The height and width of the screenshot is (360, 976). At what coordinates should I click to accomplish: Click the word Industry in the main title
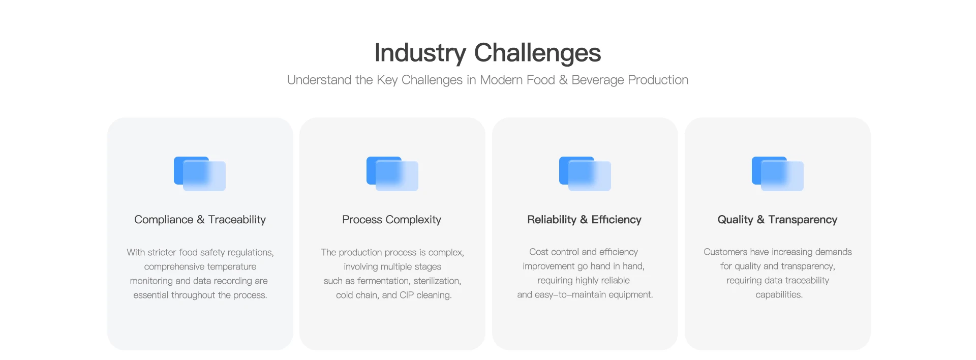click(420, 53)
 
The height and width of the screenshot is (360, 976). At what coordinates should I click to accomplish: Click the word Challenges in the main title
click(537, 53)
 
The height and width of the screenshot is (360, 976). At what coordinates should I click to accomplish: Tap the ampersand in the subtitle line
click(563, 80)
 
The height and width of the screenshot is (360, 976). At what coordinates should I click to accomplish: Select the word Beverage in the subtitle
click(598, 80)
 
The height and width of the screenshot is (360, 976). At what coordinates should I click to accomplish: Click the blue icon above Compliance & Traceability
click(200, 174)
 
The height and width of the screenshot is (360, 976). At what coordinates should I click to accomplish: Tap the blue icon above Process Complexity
click(392, 174)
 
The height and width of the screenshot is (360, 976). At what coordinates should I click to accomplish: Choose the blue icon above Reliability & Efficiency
click(585, 174)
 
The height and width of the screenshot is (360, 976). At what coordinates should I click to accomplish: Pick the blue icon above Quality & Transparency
click(778, 174)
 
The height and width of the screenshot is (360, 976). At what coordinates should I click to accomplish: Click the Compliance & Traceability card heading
click(200, 220)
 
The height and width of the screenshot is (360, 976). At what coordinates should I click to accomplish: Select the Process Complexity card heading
click(391, 220)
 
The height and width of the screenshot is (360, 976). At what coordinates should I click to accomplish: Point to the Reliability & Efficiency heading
click(584, 220)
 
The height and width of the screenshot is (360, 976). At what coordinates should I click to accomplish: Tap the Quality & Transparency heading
click(777, 220)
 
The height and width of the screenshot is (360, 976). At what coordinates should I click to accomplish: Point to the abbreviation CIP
click(407, 295)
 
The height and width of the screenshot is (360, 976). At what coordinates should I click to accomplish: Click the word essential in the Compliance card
click(151, 295)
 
